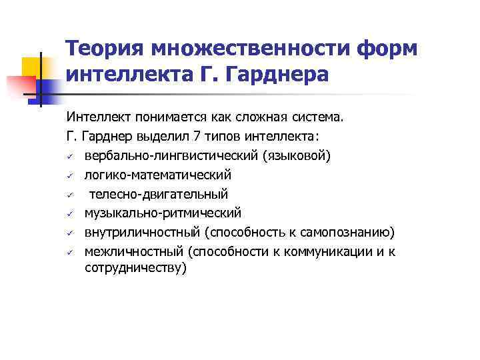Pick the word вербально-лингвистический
tap(171, 156)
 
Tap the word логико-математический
tap(157, 175)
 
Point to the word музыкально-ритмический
tap(163, 213)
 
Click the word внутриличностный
tap(141, 232)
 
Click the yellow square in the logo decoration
tap(31, 67)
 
